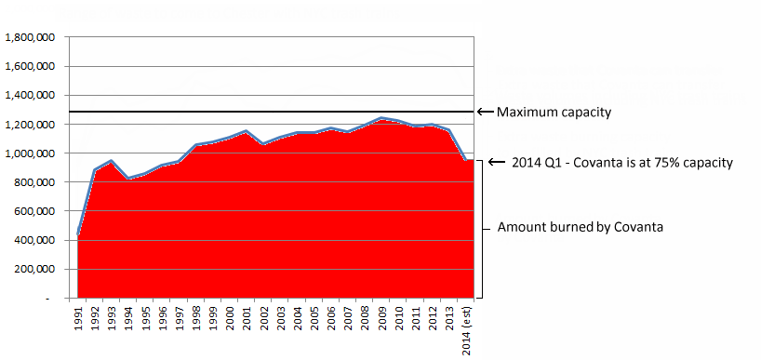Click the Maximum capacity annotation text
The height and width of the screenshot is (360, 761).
pyautogui.click(x=554, y=113)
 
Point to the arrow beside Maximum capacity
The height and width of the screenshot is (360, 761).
pyautogui.click(x=486, y=112)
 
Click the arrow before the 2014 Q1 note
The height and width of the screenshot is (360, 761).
pyautogui.click(x=497, y=162)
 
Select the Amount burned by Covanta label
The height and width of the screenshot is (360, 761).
pyautogui.click(x=580, y=227)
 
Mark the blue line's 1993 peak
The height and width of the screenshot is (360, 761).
pyautogui.click(x=112, y=161)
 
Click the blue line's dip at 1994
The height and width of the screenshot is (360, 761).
pyautogui.click(x=128, y=178)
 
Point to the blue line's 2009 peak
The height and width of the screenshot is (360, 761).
pyautogui.click(x=382, y=118)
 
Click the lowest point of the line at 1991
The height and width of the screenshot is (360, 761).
pyautogui.click(x=78, y=233)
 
